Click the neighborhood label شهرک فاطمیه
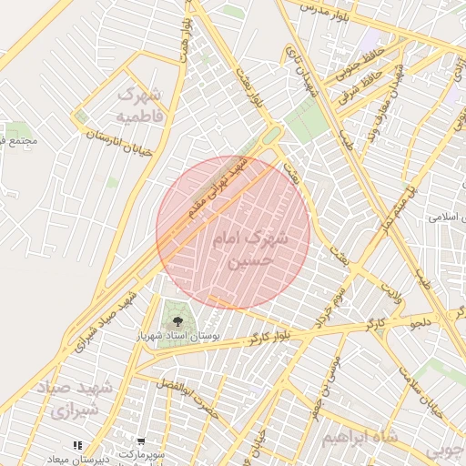139,105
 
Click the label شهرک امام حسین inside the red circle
248,249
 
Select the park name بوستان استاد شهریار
179,337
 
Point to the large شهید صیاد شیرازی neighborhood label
78,399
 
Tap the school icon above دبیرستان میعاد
78,445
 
